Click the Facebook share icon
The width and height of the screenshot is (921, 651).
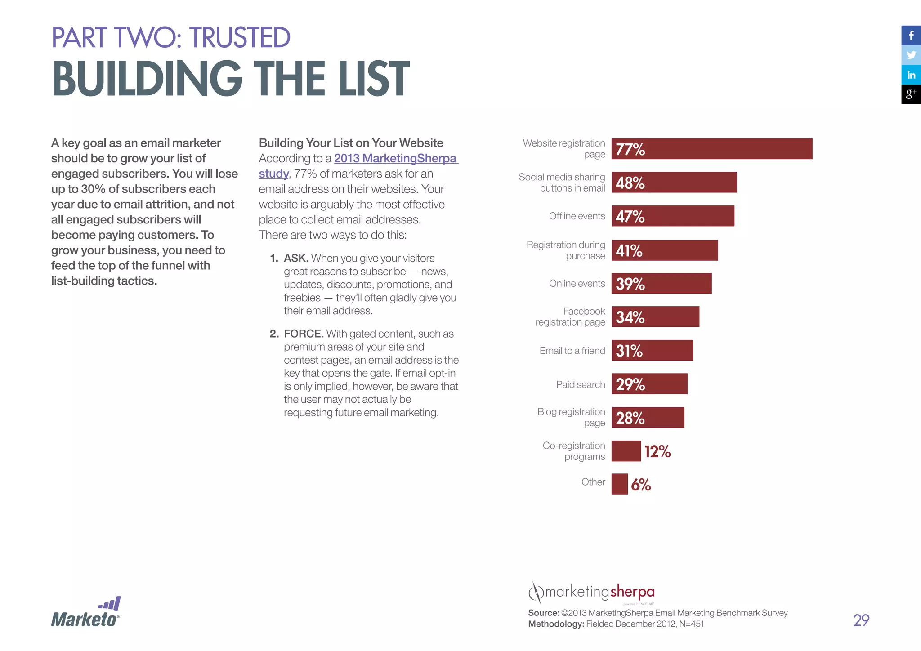(x=911, y=36)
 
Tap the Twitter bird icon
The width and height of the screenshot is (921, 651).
(x=911, y=55)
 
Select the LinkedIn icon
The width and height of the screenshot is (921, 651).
(x=911, y=75)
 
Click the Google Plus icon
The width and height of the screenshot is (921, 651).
(x=911, y=94)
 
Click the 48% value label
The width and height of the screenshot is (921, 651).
(x=630, y=183)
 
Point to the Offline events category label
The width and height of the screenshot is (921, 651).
(x=577, y=216)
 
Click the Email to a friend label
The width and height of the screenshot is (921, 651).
(x=572, y=351)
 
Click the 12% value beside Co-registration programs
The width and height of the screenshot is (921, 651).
(x=657, y=451)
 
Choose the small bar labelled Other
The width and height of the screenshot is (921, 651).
(x=619, y=484)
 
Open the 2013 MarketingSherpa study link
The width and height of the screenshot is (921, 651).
(x=395, y=159)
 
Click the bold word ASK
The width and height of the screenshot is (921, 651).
(x=295, y=259)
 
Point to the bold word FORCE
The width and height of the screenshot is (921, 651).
(x=304, y=334)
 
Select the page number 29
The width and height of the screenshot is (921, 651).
(x=861, y=620)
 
